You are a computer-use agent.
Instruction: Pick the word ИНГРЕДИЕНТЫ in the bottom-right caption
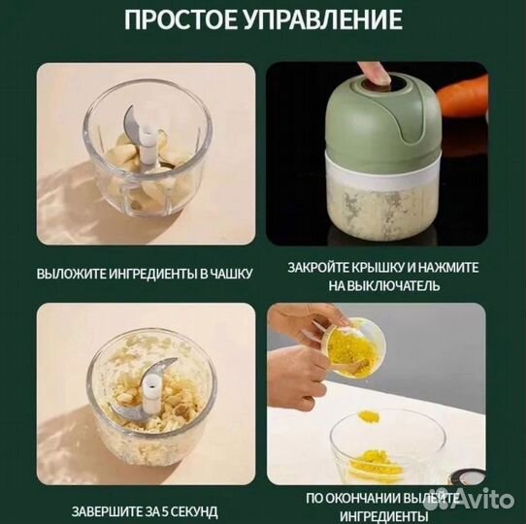(390, 515)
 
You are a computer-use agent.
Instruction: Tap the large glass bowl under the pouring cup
(388, 445)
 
